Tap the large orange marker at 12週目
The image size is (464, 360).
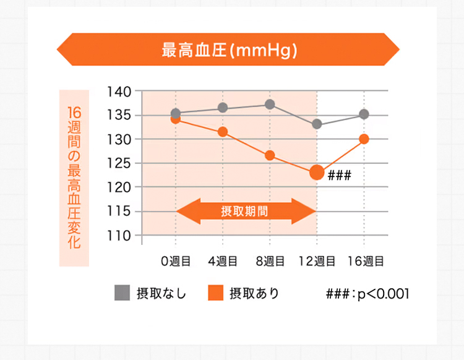click(x=317, y=173)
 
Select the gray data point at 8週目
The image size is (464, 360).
click(x=270, y=105)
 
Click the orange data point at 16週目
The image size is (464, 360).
click(x=364, y=139)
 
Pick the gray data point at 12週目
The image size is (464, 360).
click(x=317, y=124)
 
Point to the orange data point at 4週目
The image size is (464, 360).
click(x=223, y=132)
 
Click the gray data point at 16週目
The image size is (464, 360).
click(x=364, y=114)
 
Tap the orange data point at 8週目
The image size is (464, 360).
click(x=270, y=155)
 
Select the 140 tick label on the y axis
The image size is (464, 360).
click(x=119, y=92)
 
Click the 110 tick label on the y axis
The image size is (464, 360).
click(x=119, y=236)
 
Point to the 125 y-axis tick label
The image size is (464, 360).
click(x=119, y=163)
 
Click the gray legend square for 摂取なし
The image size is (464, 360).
click(x=122, y=293)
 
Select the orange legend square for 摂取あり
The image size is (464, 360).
click(x=215, y=293)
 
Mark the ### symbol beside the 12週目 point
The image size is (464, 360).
click(x=339, y=175)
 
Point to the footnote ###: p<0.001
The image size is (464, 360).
click(x=367, y=293)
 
